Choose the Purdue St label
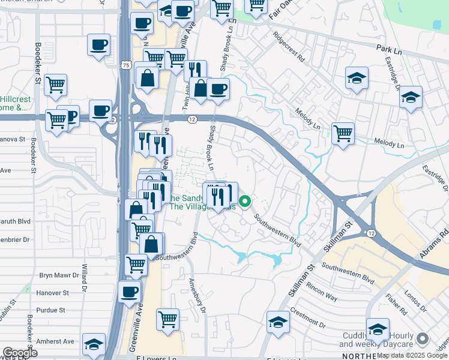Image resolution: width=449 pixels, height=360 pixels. point(51,310)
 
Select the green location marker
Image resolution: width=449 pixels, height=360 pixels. point(244,202)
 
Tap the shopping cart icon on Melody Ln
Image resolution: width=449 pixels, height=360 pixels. point(343,133)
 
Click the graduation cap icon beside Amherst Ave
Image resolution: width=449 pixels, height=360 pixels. point(94,344)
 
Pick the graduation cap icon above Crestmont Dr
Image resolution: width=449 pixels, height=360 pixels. point(278,322)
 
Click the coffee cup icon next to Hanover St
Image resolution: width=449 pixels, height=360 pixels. point(129,292)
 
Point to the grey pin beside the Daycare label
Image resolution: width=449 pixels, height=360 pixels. point(424,339)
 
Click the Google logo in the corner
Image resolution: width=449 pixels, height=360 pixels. point(20,353)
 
